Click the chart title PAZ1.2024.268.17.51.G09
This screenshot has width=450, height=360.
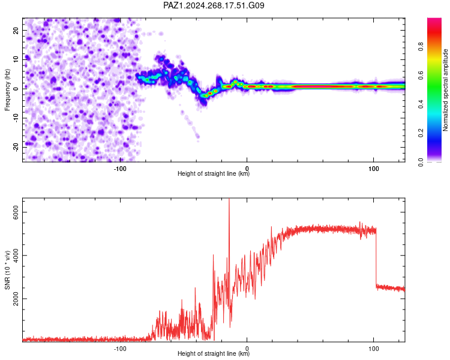pos(214,5)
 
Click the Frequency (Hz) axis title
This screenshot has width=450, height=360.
pos(7,90)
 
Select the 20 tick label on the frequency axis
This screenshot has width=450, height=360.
pos(16,31)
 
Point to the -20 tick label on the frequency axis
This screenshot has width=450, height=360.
pos(16,147)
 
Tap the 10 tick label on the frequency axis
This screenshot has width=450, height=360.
pos(16,59)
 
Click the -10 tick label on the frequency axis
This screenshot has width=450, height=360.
pos(16,118)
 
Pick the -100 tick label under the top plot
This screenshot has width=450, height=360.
pos(120,169)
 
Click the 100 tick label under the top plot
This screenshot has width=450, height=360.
pos(373,169)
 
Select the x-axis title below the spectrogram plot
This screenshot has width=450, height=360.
pos(214,173)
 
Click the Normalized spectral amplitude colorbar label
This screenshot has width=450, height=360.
pos(445,90)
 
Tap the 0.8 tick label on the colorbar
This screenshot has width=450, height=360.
pos(421,46)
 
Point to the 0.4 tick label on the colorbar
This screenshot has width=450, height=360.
pos(421,104)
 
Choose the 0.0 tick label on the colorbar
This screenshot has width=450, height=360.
pos(421,162)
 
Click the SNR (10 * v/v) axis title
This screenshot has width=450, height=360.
pos(7,270)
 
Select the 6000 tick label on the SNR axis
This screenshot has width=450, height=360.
pos(16,212)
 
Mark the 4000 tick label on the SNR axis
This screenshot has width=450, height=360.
pos(16,256)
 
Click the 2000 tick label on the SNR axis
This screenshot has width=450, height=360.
pos(16,299)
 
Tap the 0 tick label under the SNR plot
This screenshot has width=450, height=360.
pos(247,349)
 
